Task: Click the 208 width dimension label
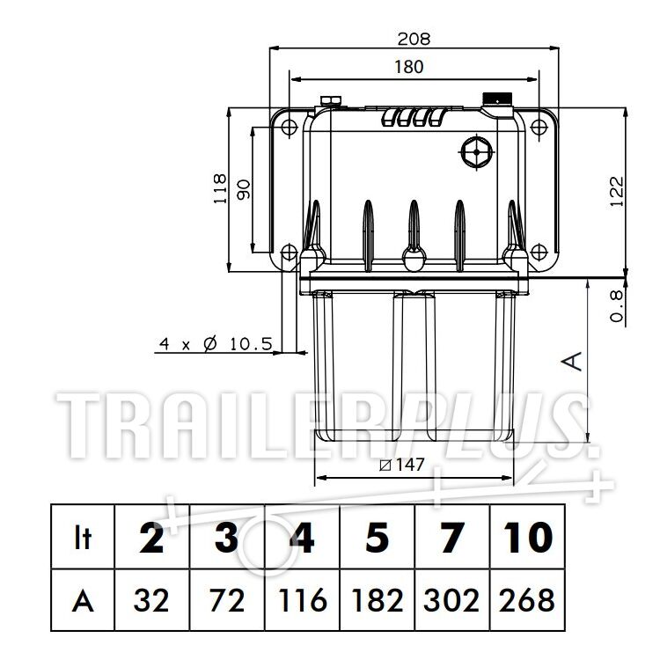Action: tap(414, 39)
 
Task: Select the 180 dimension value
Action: tap(408, 67)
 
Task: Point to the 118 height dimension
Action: tap(220, 189)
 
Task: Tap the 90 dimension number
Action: tap(243, 189)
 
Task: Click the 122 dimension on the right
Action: tap(617, 192)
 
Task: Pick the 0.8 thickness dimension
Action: tap(617, 306)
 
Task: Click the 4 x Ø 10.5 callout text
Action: tap(216, 344)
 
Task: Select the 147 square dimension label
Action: tap(402, 465)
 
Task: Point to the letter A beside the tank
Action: tap(572, 362)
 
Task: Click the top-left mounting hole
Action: tap(289, 126)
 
